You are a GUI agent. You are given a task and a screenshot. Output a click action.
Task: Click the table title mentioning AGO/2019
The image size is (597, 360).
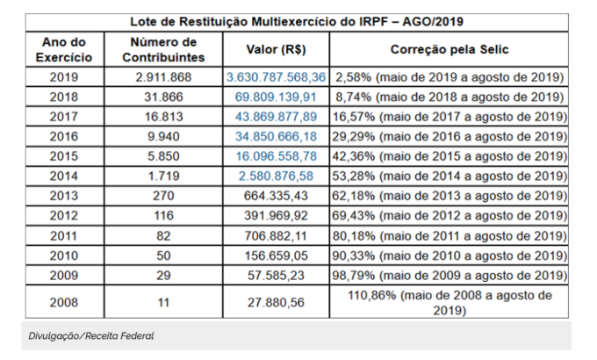pos(298,20)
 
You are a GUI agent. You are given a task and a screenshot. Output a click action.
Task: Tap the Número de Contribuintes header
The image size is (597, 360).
pos(163,49)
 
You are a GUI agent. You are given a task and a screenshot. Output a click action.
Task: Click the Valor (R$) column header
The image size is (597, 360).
pos(276,50)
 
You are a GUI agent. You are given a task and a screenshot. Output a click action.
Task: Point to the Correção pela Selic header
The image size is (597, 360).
pos(449,50)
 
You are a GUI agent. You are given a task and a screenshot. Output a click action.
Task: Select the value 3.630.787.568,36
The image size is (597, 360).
pos(276,77)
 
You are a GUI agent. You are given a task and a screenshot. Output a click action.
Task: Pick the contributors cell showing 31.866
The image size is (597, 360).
pos(163,97)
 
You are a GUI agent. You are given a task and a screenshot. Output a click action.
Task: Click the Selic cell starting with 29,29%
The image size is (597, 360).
pos(449,137)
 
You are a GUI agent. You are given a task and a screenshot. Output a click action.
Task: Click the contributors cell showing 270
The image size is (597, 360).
pos(163,196)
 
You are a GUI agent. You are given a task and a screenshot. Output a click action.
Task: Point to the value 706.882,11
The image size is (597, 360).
pos(276,235)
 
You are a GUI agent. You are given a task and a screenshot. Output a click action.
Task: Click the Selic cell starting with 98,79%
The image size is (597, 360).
pos(449,275)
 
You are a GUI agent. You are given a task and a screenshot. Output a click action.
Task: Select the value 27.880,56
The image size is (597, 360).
pos(276,302)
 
